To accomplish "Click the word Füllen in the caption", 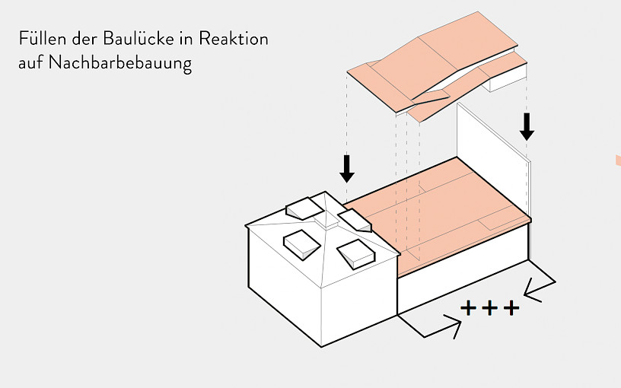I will pyautogui.click(x=40, y=38).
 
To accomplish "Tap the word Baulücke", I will pyautogui.click(x=132, y=38).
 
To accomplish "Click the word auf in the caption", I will pyautogui.click(x=30, y=63).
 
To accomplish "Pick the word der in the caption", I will pyautogui.click(x=81, y=38).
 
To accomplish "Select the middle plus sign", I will pyautogui.click(x=490, y=308).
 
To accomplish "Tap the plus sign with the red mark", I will pyautogui.click(x=511, y=308).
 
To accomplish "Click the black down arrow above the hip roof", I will pyautogui.click(x=347, y=168).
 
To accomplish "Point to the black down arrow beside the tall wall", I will pyautogui.click(x=527, y=126).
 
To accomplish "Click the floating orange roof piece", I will pyautogui.click(x=434, y=61).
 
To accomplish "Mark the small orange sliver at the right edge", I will pyautogui.click(x=617, y=160).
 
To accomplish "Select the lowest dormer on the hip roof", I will pyautogui.click(x=356, y=253).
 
